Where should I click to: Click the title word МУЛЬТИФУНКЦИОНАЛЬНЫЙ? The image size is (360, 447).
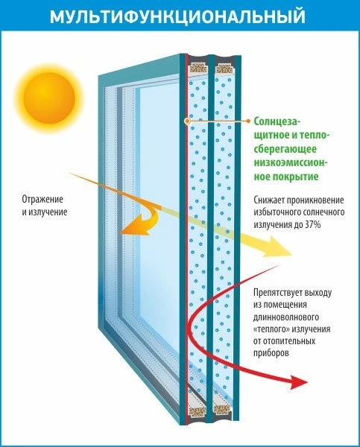[177, 16]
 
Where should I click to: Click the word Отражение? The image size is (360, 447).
[42, 199]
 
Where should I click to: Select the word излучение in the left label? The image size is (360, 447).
[48, 212]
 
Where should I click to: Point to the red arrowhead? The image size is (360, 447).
[298, 382]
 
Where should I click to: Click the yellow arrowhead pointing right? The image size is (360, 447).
[278, 246]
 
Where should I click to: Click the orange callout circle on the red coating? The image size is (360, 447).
[187, 121]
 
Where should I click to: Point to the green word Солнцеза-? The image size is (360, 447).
[277, 121]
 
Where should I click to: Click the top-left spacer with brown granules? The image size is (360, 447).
[198, 68]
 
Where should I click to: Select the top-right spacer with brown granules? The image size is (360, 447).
[224, 69]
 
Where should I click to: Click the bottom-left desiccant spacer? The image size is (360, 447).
[198, 411]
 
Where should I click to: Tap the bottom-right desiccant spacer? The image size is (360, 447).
[222, 410]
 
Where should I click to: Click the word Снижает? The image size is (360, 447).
[268, 200]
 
